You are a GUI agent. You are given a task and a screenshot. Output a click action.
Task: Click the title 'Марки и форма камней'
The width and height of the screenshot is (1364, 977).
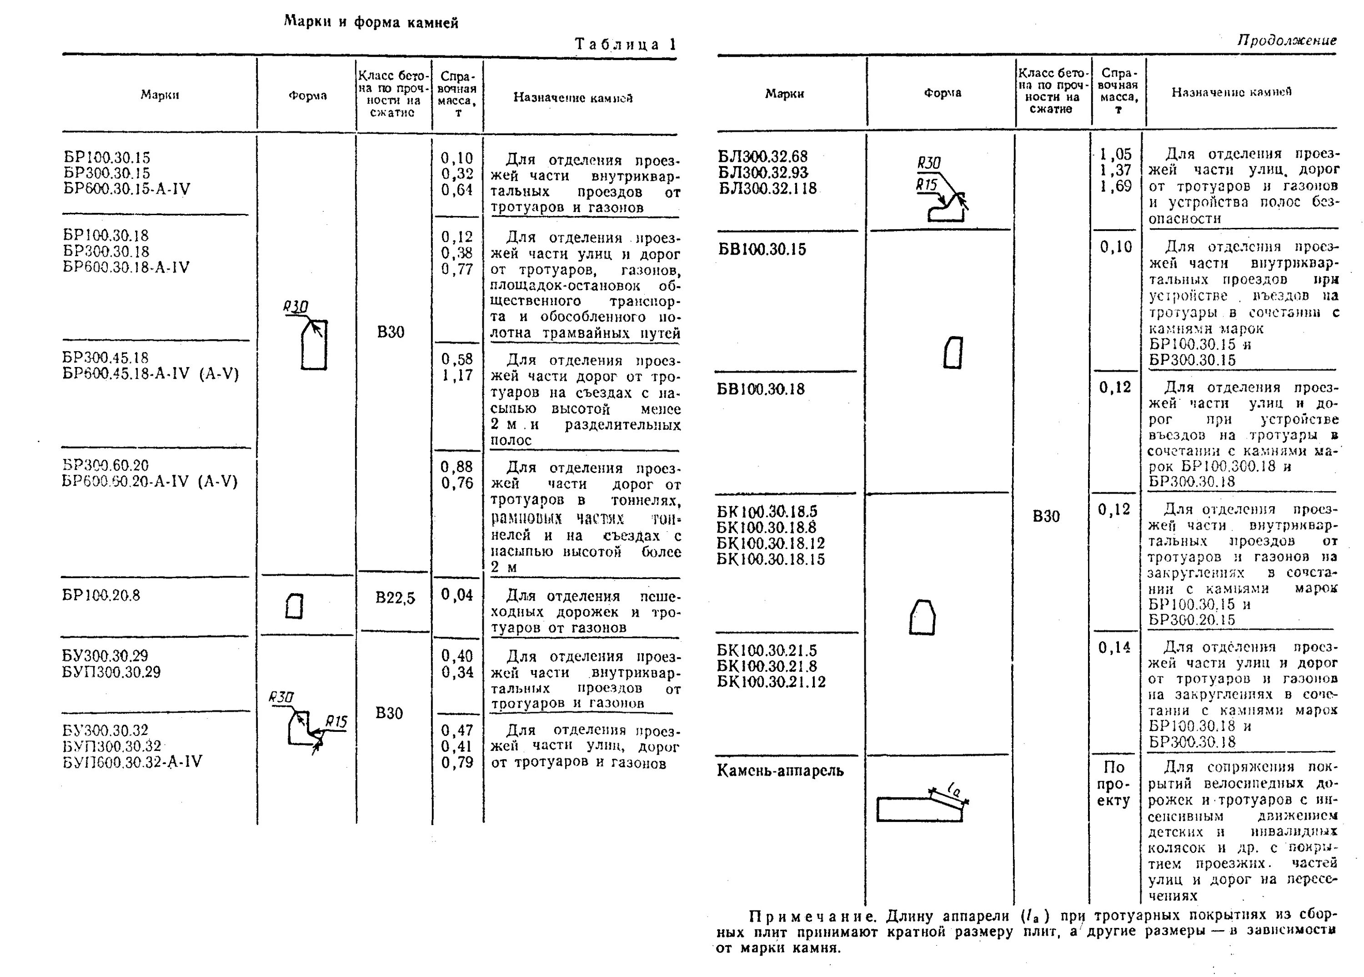pos(371,23)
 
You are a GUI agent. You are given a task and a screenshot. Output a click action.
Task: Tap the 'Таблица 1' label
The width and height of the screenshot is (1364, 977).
pos(626,45)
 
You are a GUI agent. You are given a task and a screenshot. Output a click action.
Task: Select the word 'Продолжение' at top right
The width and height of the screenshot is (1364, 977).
pos(1286,40)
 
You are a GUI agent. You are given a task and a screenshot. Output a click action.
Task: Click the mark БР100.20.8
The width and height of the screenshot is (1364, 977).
pos(101,595)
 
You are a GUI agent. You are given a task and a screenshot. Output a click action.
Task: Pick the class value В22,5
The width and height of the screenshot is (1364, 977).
pos(395,598)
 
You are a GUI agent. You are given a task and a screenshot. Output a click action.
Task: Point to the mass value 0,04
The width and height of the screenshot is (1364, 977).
pos(457,595)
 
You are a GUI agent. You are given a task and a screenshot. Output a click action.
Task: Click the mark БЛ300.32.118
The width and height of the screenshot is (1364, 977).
pos(767,189)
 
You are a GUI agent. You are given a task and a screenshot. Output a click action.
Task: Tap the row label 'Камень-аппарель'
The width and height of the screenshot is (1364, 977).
pos(780,771)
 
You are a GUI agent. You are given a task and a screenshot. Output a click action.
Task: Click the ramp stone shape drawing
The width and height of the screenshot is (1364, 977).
pos(920,806)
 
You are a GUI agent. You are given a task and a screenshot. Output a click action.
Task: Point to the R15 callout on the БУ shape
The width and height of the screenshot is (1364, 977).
pos(336,722)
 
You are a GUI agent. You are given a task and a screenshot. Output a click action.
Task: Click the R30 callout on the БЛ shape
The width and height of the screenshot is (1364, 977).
pos(929,163)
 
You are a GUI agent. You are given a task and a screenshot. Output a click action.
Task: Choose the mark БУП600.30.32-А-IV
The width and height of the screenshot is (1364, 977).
pos(132,762)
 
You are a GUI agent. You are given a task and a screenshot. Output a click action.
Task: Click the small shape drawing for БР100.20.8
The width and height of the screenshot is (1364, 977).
pos(294,606)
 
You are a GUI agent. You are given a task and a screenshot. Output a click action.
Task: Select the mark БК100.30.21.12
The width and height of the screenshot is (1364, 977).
pos(771,682)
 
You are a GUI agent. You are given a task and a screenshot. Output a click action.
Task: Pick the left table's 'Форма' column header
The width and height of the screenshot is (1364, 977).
pos(307,96)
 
